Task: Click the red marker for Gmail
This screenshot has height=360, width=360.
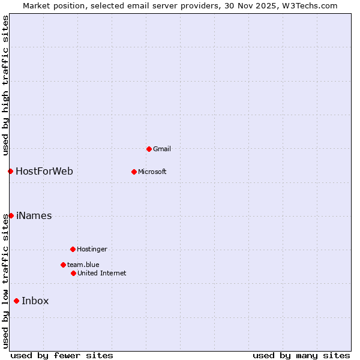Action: [149, 149]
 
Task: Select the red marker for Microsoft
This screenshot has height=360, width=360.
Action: [134, 172]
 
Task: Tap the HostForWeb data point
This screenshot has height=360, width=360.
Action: [10, 172]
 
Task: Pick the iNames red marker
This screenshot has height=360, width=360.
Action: [11, 215]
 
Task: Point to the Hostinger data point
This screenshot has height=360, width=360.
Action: [73, 249]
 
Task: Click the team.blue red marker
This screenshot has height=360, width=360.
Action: [63, 265]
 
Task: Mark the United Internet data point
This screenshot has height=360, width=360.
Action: [73, 273]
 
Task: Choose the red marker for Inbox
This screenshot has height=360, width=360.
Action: [16, 301]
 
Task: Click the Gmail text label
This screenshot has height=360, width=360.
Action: [162, 149]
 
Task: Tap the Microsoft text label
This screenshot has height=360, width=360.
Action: [152, 172]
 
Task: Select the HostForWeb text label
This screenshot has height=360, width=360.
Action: [44, 172]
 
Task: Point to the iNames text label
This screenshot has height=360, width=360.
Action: [34, 216]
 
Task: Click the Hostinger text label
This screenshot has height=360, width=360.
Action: [92, 249]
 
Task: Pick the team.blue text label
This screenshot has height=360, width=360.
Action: [83, 265]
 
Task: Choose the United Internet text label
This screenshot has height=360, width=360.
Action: [101, 273]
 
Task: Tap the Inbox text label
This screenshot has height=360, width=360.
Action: [35, 301]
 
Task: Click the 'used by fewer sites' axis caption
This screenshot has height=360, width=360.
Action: [62, 355]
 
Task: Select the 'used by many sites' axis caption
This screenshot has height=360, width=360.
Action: [301, 355]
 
